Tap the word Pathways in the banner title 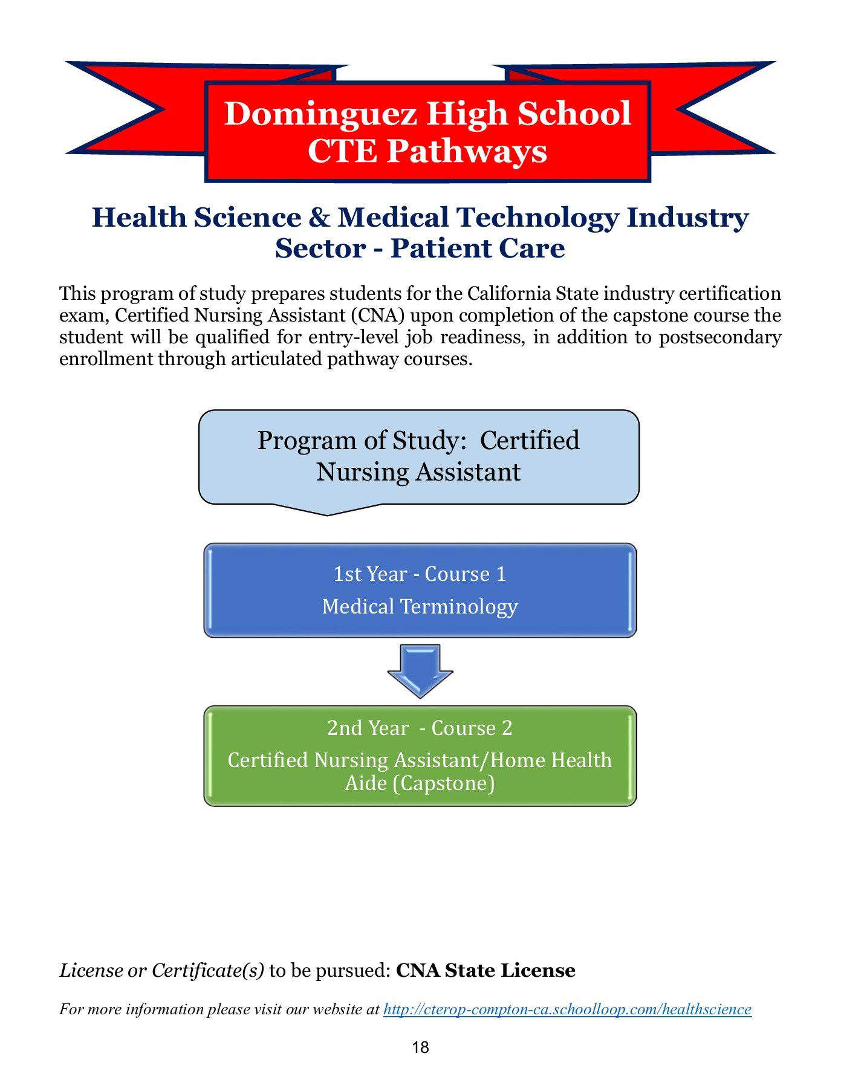point(467,151)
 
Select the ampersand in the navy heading point(319,218)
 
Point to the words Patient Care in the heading point(478,248)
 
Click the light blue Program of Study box point(418,457)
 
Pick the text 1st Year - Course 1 point(420,574)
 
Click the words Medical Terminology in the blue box point(420,606)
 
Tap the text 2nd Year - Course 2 point(420,728)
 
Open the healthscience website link point(567,1009)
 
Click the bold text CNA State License point(485,971)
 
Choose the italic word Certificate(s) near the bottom point(207,971)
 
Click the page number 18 point(420,1048)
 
